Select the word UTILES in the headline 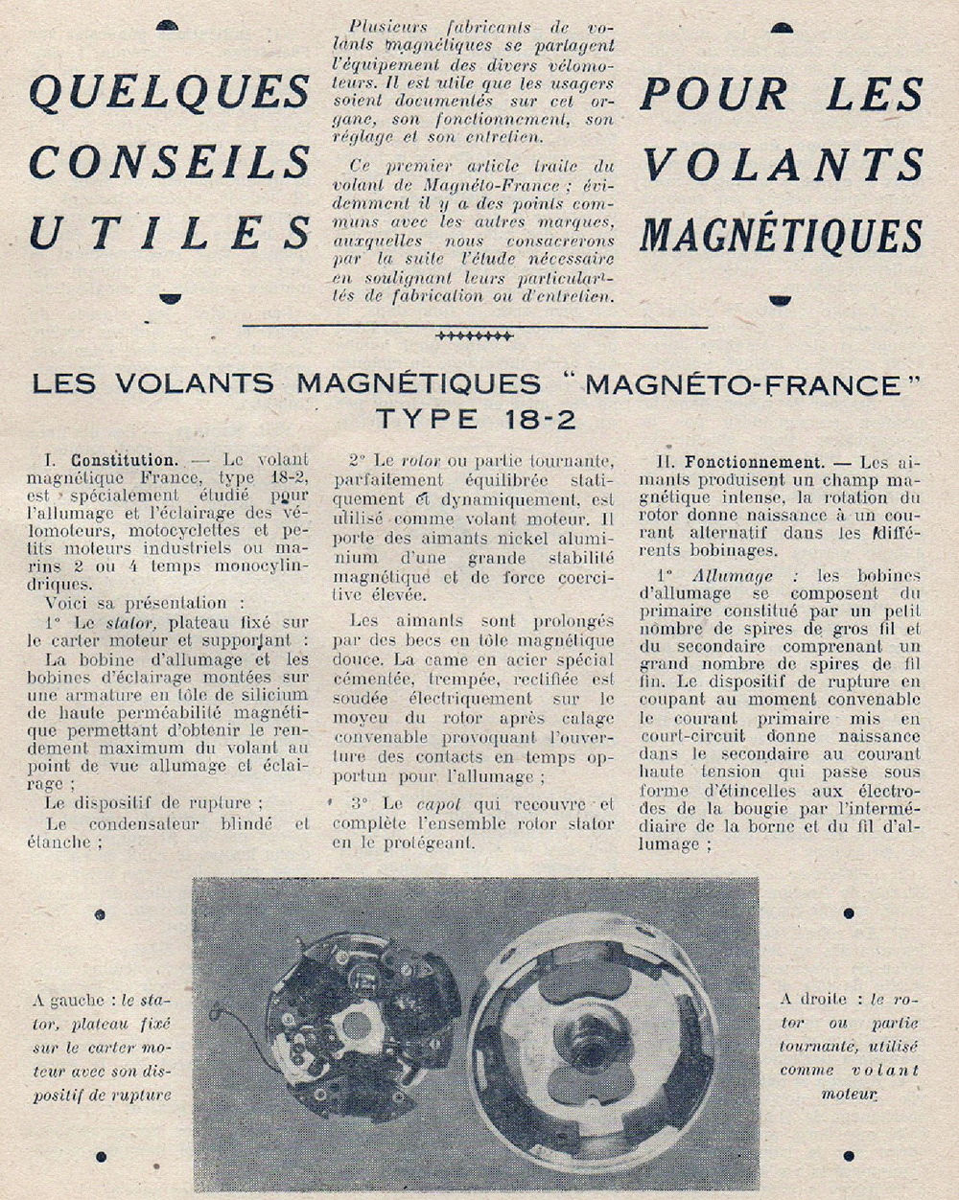click(169, 233)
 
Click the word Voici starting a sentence click(67, 603)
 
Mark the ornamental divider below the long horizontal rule click(474, 336)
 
